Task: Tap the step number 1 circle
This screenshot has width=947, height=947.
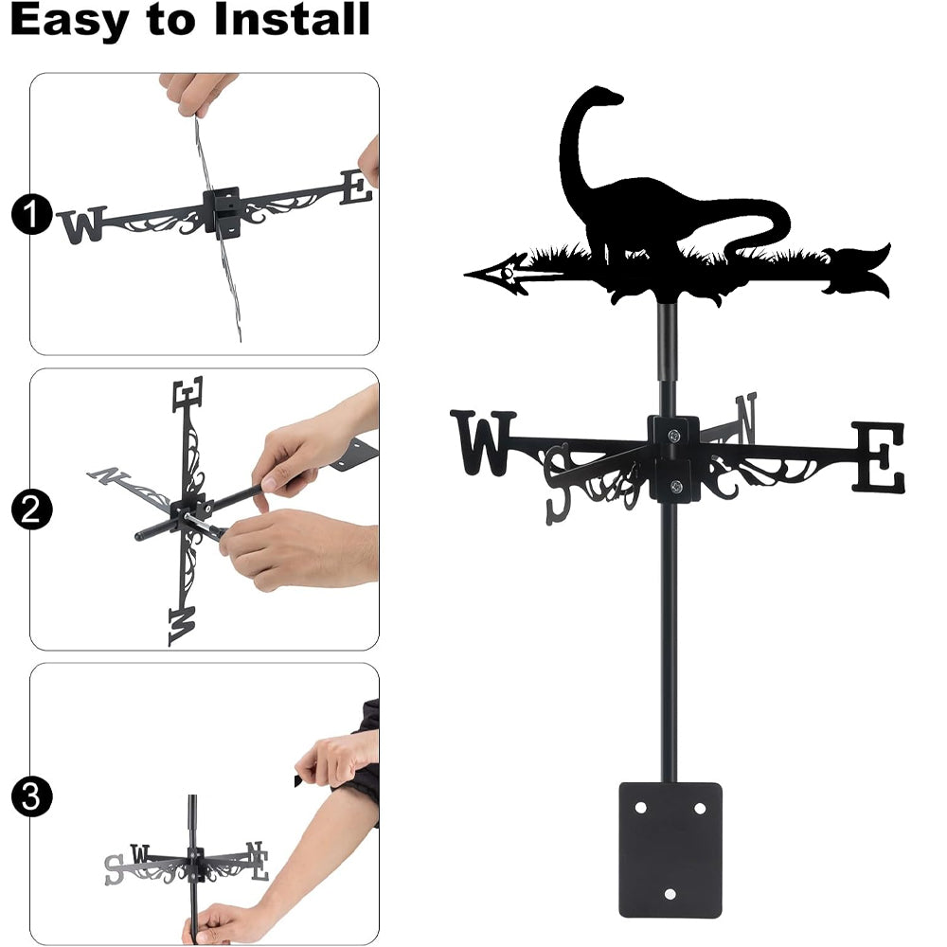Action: (x=30, y=214)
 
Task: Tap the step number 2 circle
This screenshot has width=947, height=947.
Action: (x=30, y=509)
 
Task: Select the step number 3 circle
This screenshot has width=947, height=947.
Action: (x=30, y=796)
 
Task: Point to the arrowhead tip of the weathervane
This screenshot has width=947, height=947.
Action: (x=465, y=275)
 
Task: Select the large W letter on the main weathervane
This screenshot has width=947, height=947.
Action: (x=483, y=441)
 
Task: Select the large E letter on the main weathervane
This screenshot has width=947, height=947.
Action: (x=878, y=456)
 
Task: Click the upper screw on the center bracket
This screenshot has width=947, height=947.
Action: (x=674, y=435)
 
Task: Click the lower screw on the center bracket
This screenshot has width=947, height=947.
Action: (x=676, y=486)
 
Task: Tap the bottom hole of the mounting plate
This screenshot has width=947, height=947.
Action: (x=670, y=894)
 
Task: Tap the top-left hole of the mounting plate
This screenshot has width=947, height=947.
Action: (x=640, y=808)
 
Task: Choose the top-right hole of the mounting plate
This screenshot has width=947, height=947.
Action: (x=700, y=808)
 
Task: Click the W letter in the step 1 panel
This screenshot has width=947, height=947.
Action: (x=82, y=225)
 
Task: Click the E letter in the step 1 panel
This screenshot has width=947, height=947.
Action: (x=356, y=188)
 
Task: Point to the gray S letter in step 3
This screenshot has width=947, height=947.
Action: (x=114, y=869)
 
